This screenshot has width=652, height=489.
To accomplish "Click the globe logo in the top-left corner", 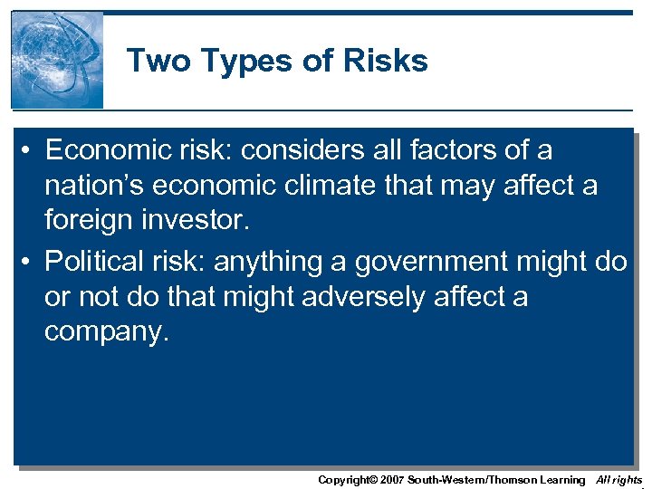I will pyautogui.click(x=57, y=60).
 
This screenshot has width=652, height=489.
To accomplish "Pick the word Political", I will pyautogui.click(x=101, y=261).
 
